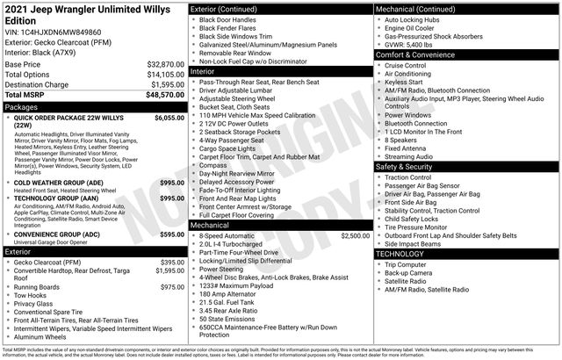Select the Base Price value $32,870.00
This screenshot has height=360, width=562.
tap(165, 65)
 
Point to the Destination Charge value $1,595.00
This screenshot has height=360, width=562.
tap(167, 84)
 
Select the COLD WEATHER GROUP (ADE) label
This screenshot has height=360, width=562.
tap(59, 183)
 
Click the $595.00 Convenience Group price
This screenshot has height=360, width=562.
tap(171, 234)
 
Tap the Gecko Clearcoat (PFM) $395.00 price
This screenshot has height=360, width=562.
tap(171, 262)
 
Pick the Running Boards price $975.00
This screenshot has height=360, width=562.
tap(171, 287)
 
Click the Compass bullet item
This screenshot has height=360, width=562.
tap(213, 165)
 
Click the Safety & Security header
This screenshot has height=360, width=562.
tap(405, 166)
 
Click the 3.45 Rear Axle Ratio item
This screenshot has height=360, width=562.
tap(228, 311)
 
